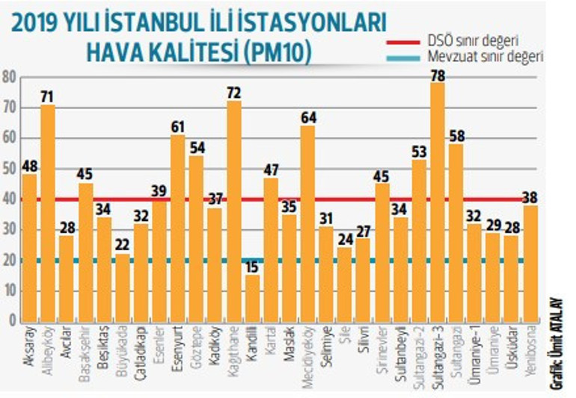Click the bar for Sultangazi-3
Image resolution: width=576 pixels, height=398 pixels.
tap(438, 202)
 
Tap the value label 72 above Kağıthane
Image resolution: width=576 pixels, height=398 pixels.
tap(233, 93)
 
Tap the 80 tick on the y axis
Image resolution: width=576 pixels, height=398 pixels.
tap(9, 76)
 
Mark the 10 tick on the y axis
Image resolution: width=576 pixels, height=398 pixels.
tap(9, 290)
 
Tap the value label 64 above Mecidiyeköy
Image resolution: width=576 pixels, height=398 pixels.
tap(307, 118)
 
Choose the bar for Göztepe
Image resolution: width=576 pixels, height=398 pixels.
tap(197, 239)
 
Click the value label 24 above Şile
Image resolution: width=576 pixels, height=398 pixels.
tap(345, 240)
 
